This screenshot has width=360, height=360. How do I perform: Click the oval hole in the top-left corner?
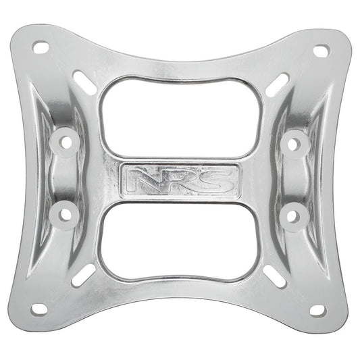tap(41, 48)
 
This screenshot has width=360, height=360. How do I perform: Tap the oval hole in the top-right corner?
tap(321, 51)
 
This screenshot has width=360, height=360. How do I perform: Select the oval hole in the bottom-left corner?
tap(39, 309)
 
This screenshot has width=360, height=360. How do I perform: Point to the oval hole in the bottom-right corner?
tap(318, 310)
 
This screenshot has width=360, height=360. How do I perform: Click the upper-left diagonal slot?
tap(84, 83)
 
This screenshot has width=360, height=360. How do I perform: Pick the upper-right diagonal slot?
tap(277, 84)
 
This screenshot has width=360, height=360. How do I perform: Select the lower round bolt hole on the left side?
tap(66, 214)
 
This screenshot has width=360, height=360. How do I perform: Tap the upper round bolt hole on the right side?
tap(295, 143)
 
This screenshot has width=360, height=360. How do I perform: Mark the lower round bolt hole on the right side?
tap(293, 215)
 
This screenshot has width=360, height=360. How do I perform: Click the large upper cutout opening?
tap(180, 118)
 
